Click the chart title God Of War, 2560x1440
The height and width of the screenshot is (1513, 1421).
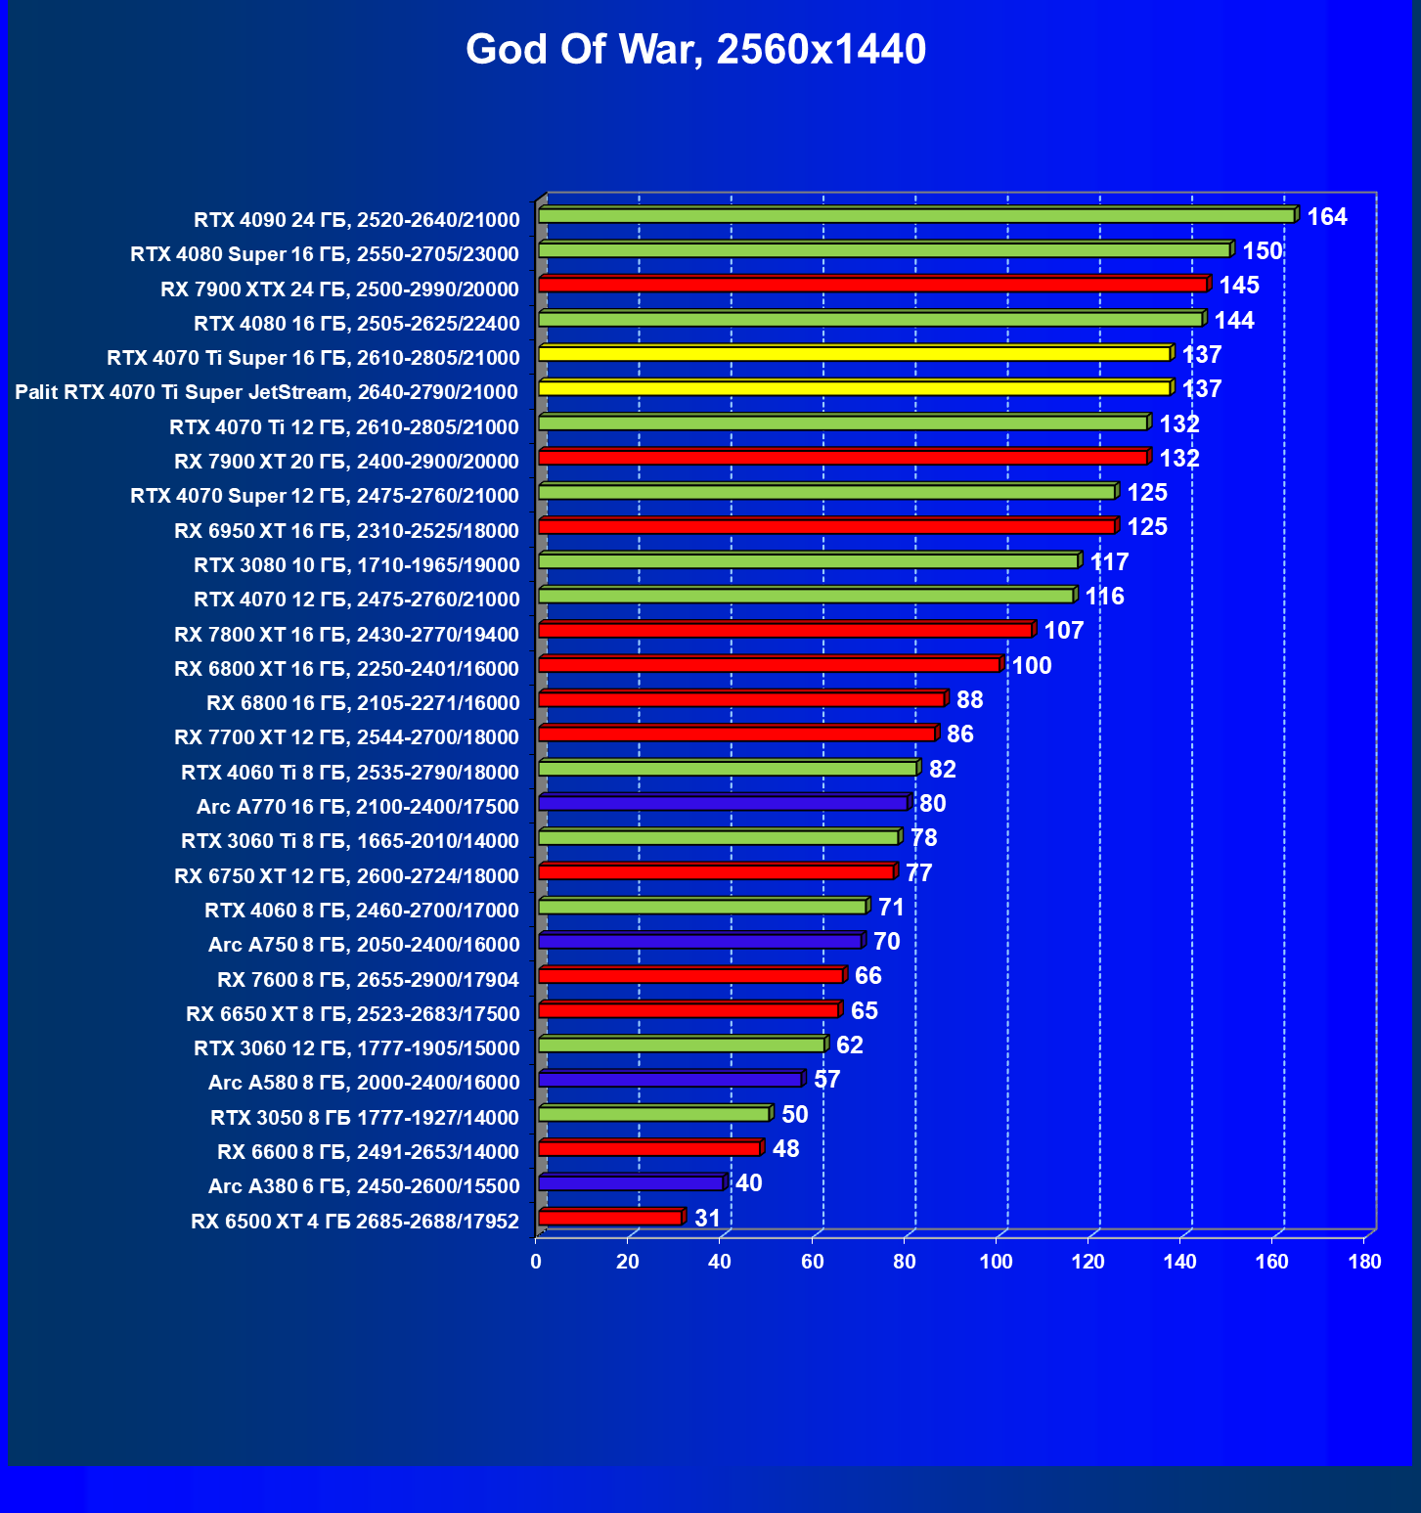(695, 50)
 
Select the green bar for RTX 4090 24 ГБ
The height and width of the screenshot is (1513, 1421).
(916, 215)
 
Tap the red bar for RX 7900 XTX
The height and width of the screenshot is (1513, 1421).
(872, 285)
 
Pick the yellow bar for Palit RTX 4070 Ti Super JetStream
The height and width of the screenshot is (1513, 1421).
(854, 388)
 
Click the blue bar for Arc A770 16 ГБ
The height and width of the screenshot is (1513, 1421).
(724, 803)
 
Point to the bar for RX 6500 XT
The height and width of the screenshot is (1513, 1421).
(610, 1218)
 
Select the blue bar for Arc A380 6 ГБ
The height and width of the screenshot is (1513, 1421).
(631, 1183)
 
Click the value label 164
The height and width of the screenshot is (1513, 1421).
(1327, 217)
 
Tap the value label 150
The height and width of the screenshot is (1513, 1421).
(1262, 251)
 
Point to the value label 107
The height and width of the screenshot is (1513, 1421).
(1064, 631)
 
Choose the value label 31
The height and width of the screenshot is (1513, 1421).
(707, 1219)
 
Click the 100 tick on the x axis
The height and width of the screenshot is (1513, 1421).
(997, 1262)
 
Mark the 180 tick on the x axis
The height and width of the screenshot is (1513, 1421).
(1364, 1262)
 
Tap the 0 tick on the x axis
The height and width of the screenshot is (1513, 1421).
(536, 1262)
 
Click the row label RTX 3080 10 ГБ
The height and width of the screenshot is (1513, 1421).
(356, 565)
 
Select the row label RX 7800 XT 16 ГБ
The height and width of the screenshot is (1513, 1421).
(346, 635)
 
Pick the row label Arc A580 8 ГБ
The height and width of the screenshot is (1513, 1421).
(364, 1083)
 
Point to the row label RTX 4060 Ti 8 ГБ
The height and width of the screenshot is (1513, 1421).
(350, 773)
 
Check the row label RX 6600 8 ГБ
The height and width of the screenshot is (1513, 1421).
(368, 1151)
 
